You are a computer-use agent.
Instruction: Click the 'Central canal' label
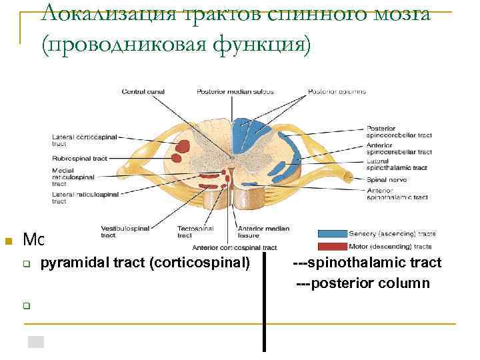(x=143, y=91)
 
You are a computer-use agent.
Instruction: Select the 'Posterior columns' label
(x=337, y=91)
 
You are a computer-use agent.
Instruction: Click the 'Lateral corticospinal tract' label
(x=84, y=140)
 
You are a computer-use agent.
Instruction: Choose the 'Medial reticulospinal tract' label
(x=73, y=177)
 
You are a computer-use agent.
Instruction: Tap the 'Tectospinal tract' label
(x=195, y=231)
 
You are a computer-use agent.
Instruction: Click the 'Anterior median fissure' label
(x=269, y=231)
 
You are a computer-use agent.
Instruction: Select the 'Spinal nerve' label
(x=386, y=179)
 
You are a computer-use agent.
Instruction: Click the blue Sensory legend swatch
(x=331, y=234)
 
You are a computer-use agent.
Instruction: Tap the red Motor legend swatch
(x=331, y=247)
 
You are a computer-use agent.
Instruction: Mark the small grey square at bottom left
(x=36, y=342)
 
